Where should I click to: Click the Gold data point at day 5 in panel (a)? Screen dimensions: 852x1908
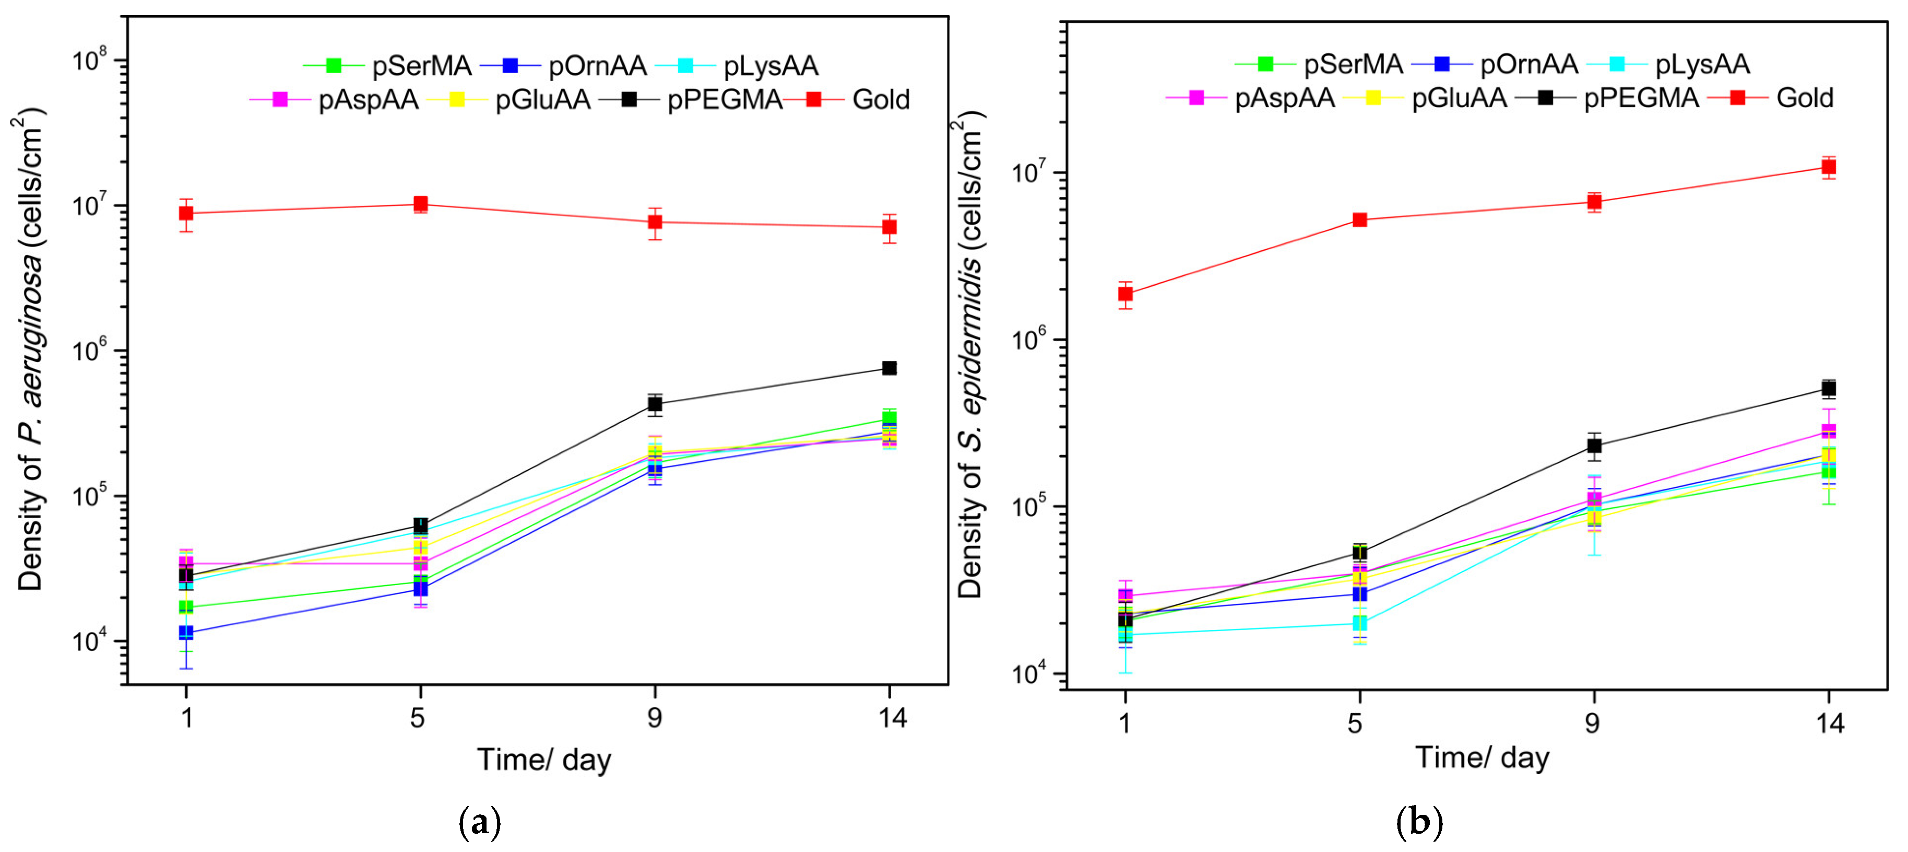point(420,204)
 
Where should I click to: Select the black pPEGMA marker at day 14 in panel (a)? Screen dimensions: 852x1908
point(890,368)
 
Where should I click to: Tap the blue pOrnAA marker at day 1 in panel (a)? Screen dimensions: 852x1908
point(186,633)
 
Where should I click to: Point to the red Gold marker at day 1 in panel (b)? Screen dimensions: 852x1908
point(1125,294)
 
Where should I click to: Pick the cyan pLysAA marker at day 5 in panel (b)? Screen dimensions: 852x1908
point(1359,623)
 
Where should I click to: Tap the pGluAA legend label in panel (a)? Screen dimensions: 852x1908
point(542,99)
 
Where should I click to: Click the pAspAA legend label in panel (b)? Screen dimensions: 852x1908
point(1284,98)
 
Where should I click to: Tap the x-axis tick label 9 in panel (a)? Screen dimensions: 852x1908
point(655,717)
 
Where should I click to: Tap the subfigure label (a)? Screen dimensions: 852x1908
point(480,822)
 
